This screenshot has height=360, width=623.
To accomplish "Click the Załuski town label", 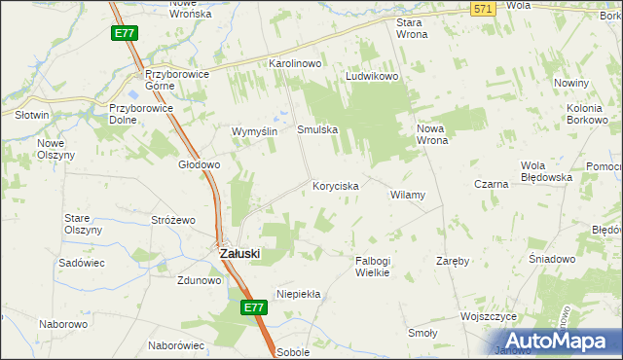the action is click(234, 254).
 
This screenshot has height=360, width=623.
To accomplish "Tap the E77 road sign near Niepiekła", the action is click(253, 307).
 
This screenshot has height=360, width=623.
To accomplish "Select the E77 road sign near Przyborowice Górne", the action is click(124, 33).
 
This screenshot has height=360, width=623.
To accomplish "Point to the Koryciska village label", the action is click(336, 185).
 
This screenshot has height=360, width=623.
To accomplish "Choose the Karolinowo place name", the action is click(295, 63).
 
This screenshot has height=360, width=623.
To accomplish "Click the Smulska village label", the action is click(317, 128).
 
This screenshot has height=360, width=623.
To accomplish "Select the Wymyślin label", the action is click(255, 131).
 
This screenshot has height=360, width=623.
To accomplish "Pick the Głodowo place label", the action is click(199, 164).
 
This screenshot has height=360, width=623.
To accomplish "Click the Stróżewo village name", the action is click(173, 220).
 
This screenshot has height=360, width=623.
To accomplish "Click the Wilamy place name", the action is click(408, 195).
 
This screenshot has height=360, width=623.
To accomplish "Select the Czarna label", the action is click(492, 183).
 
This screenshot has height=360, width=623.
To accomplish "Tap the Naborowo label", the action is click(60, 323).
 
